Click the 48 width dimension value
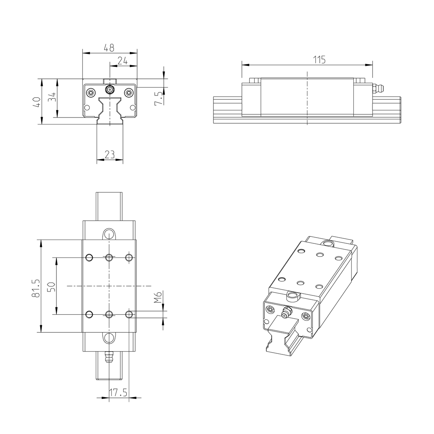tap(109, 47)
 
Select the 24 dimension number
tap(123, 61)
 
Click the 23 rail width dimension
tap(110, 154)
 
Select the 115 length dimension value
tap(319, 60)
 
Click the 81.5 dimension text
tap(36, 288)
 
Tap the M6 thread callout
tap(158, 298)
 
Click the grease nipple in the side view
tap(378, 88)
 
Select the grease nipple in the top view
tap(109, 357)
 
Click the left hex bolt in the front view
tap(91, 93)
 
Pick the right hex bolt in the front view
tap(128, 93)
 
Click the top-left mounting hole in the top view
tap(89, 257)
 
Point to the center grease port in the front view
tap(110, 89)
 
